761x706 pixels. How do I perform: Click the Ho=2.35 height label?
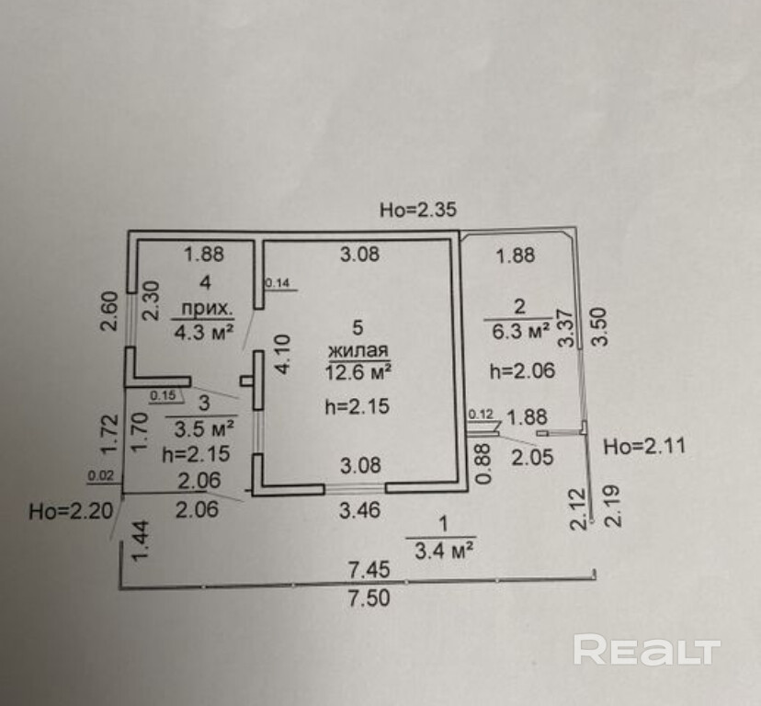pyautogui.click(x=418, y=210)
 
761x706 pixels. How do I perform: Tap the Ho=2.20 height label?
pyautogui.click(x=71, y=511)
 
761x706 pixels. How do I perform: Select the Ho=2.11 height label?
pyautogui.click(x=644, y=446)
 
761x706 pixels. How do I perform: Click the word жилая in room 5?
pyautogui.click(x=358, y=350)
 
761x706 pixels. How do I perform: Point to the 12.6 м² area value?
pyautogui.click(x=358, y=372)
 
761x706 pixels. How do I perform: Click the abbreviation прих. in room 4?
pyautogui.click(x=204, y=308)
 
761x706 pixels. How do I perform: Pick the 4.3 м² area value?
pyautogui.click(x=204, y=333)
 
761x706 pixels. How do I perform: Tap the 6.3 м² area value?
pyautogui.click(x=521, y=331)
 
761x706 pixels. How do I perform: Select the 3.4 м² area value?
pyautogui.click(x=443, y=551)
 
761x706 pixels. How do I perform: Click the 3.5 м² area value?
pyautogui.click(x=204, y=428)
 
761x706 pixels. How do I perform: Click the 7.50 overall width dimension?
pyautogui.click(x=369, y=598)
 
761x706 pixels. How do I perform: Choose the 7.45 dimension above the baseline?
pyautogui.click(x=369, y=569)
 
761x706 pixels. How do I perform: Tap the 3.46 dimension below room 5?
pyautogui.click(x=359, y=510)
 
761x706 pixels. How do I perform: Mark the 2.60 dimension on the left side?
pyautogui.click(x=109, y=311)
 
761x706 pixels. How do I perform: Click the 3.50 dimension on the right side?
pyautogui.click(x=600, y=325)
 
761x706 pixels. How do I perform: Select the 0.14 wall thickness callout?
pyautogui.click(x=278, y=282)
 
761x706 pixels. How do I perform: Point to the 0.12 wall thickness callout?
pyautogui.click(x=481, y=415)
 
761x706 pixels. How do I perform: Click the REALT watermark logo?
pyautogui.click(x=646, y=650)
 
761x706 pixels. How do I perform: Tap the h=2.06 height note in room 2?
pyautogui.click(x=522, y=371)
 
